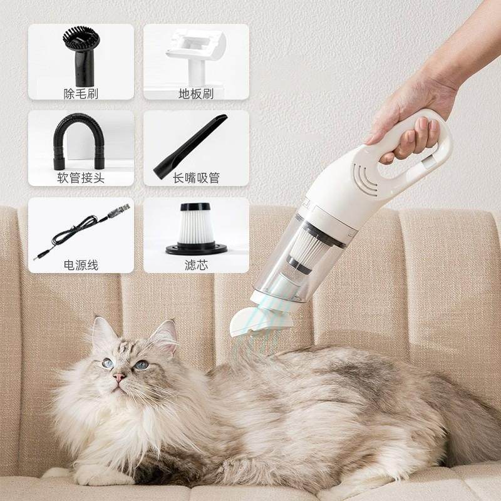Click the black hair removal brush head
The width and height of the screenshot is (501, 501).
point(80,50)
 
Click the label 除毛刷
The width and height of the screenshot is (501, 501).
point(81,93)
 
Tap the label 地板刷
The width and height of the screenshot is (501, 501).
point(196,93)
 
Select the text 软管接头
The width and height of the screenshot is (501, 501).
point(81,178)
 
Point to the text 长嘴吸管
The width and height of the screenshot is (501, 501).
point(196,178)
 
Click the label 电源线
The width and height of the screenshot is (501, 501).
point(81,265)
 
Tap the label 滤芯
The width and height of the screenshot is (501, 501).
point(196,265)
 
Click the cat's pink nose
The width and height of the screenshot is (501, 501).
point(119,377)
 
